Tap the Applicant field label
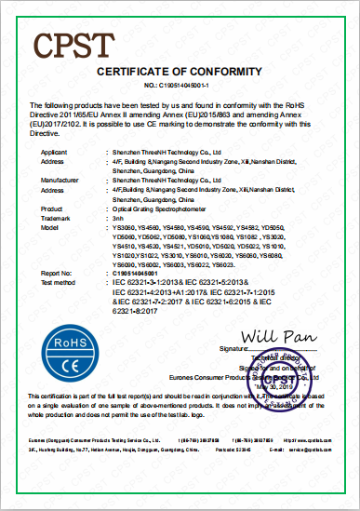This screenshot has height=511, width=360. [x=55, y=149]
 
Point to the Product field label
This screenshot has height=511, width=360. [x=53, y=208]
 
